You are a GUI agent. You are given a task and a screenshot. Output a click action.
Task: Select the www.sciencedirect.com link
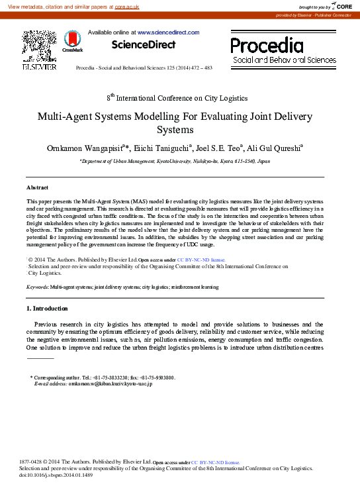tap(168, 32)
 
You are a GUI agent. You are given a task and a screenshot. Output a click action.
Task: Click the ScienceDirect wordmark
tap(144, 45)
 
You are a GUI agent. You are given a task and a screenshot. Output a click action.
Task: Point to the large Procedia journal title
tap(267, 45)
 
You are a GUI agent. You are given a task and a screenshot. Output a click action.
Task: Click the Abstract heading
tap(37, 187)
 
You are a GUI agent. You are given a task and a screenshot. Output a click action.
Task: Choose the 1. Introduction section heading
tap(46, 309)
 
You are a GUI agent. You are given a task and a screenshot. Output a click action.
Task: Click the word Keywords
tap(36, 288)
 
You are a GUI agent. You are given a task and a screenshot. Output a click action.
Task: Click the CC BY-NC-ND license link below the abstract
tap(201, 260)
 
